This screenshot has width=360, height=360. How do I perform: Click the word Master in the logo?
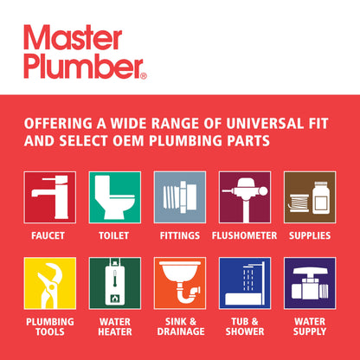(73, 39)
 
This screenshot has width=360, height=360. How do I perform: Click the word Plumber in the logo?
(81, 66)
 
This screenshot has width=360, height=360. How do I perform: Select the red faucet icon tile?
(49, 197)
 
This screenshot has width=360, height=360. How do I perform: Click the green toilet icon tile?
(114, 197)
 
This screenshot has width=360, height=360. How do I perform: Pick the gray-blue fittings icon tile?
(180, 197)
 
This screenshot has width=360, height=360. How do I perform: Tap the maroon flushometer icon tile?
(245, 197)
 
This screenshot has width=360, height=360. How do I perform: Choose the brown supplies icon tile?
(310, 197)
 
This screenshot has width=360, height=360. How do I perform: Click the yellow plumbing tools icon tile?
(49, 283)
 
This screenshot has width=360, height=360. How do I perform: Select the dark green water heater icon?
(114, 283)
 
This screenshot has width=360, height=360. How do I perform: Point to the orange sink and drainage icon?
(180, 283)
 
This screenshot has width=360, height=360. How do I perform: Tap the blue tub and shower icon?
(245, 283)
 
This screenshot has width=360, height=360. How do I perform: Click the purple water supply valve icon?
(310, 283)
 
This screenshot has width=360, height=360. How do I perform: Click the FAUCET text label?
(49, 235)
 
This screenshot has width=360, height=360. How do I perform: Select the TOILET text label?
(114, 235)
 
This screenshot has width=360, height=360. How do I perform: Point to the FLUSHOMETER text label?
(245, 235)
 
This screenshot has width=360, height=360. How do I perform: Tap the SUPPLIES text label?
(310, 235)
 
